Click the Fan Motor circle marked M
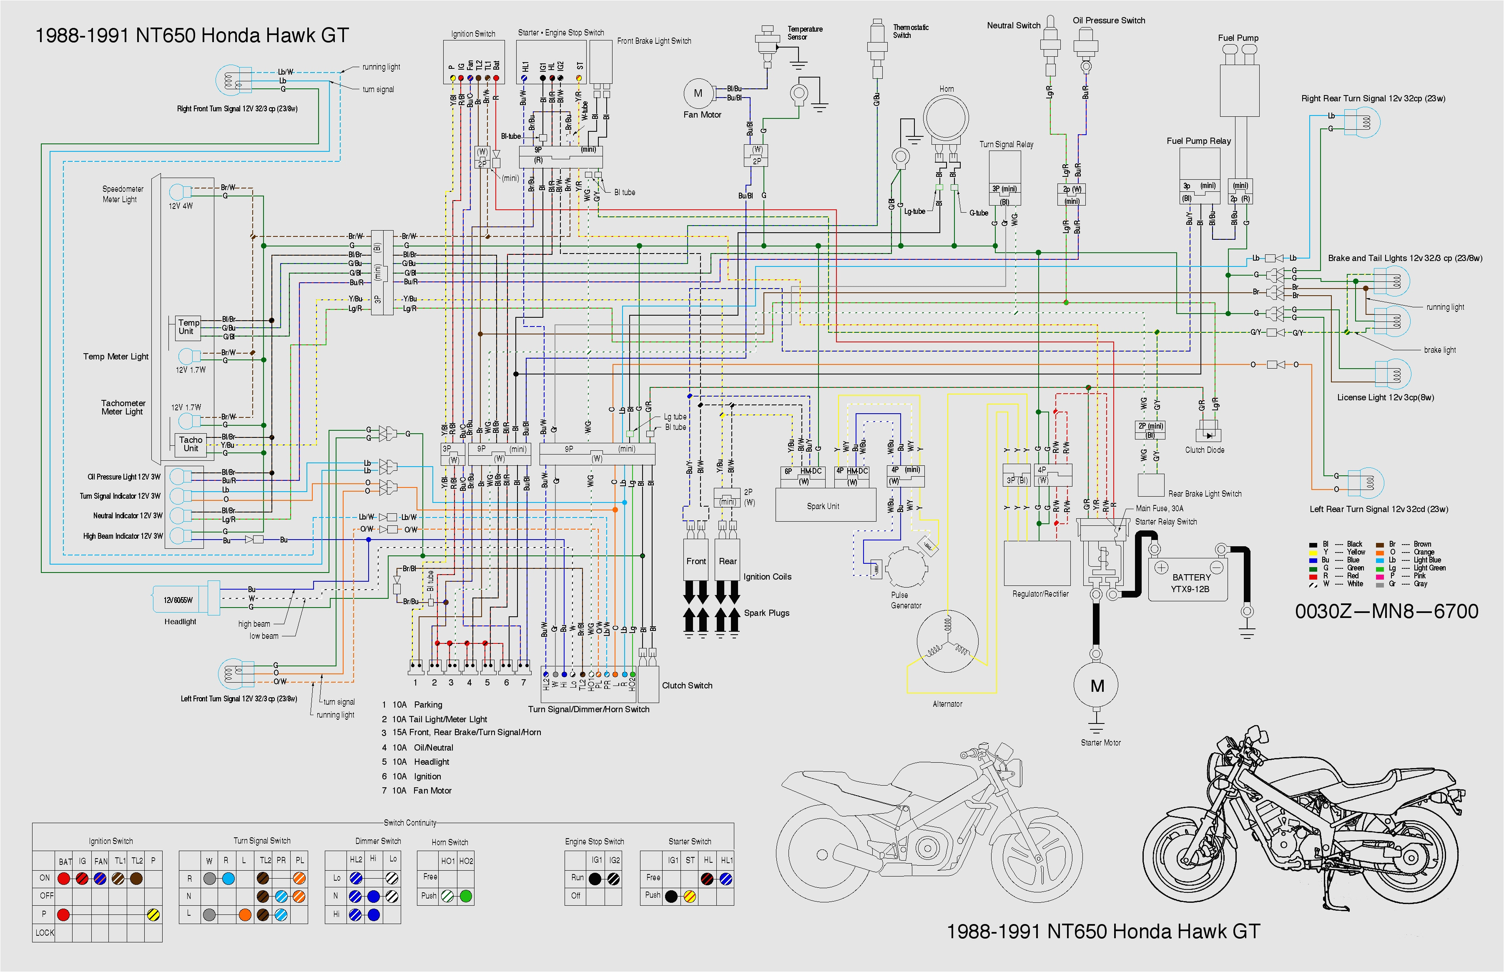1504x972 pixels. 698,93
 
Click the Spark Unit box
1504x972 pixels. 825,505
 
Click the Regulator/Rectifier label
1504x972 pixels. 1040,594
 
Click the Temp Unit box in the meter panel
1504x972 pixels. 188,327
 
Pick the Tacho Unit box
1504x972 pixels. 191,444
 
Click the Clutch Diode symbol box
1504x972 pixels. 1208,435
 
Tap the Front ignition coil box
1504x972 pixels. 696,560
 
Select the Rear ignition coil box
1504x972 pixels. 728,560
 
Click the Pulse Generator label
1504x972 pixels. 906,600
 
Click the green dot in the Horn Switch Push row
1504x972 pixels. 466,896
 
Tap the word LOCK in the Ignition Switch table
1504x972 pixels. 44,932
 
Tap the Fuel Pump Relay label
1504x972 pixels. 1198,141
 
